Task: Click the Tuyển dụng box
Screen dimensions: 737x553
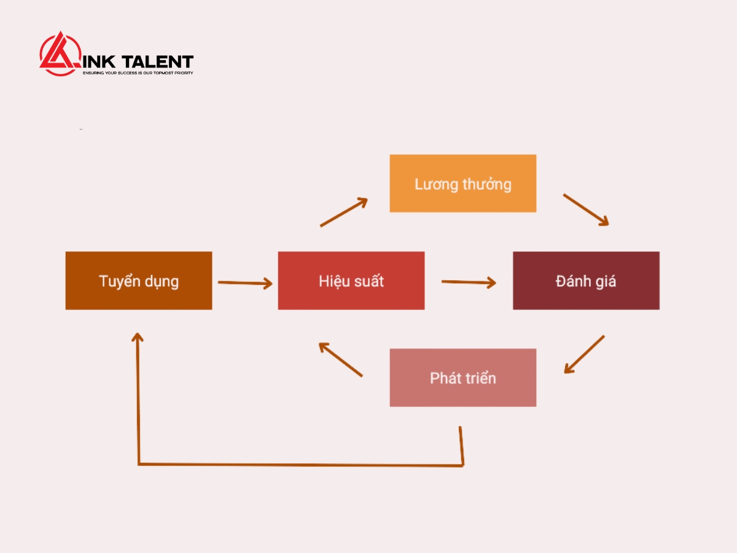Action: (139, 280)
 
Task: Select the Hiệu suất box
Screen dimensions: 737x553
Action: (351, 280)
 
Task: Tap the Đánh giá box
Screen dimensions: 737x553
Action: (587, 280)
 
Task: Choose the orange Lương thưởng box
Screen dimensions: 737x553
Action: (463, 183)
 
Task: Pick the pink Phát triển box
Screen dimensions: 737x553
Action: (463, 378)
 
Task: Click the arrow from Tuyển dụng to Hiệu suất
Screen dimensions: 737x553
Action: (245, 283)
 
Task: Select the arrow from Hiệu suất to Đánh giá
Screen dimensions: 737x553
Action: (469, 282)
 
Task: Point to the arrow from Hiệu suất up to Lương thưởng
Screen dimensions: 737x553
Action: (344, 212)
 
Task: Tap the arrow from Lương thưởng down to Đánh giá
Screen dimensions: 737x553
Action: (586, 210)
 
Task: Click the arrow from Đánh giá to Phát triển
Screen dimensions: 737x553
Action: (584, 355)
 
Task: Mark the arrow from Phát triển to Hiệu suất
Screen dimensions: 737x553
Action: (340, 359)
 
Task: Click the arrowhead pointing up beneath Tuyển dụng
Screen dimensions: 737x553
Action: (138, 337)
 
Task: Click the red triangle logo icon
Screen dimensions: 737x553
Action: (60, 53)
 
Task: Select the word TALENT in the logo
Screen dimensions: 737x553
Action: (157, 62)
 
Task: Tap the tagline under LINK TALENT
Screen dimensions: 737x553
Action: (138, 73)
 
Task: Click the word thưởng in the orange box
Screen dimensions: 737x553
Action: (487, 184)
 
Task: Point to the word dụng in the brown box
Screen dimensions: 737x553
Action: (162, 281)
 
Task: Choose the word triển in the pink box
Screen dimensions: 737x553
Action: (480, 378)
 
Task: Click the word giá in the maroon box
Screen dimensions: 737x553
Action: (606, 281)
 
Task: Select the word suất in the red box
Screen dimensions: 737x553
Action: (368, 281)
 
